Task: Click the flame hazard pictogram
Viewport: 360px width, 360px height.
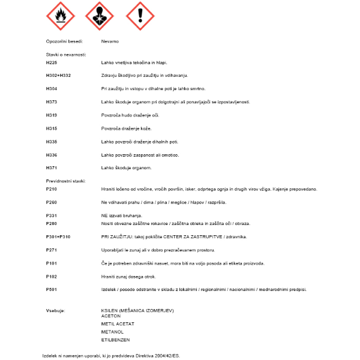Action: point(61,16)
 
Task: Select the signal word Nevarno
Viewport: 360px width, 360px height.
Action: point(110,41)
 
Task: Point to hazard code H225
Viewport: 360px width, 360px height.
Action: point(52,62)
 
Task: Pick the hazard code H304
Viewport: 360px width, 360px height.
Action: point(52,88)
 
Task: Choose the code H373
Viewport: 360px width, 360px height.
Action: point(52,101)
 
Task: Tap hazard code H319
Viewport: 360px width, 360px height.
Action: point(52,115)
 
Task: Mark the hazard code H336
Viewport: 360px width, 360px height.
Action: point(52,154)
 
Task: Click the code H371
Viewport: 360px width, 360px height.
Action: point(52,167)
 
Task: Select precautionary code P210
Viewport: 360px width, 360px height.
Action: point(52,189)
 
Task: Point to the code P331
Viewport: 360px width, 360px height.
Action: point(52,215)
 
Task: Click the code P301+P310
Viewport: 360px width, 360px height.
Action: point(58,236)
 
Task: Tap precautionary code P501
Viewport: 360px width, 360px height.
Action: point(52,289)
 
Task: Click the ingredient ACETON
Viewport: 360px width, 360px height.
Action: point(112,316)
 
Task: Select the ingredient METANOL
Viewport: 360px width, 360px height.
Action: point(113,331)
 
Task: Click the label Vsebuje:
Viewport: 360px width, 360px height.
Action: point(55,310)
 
